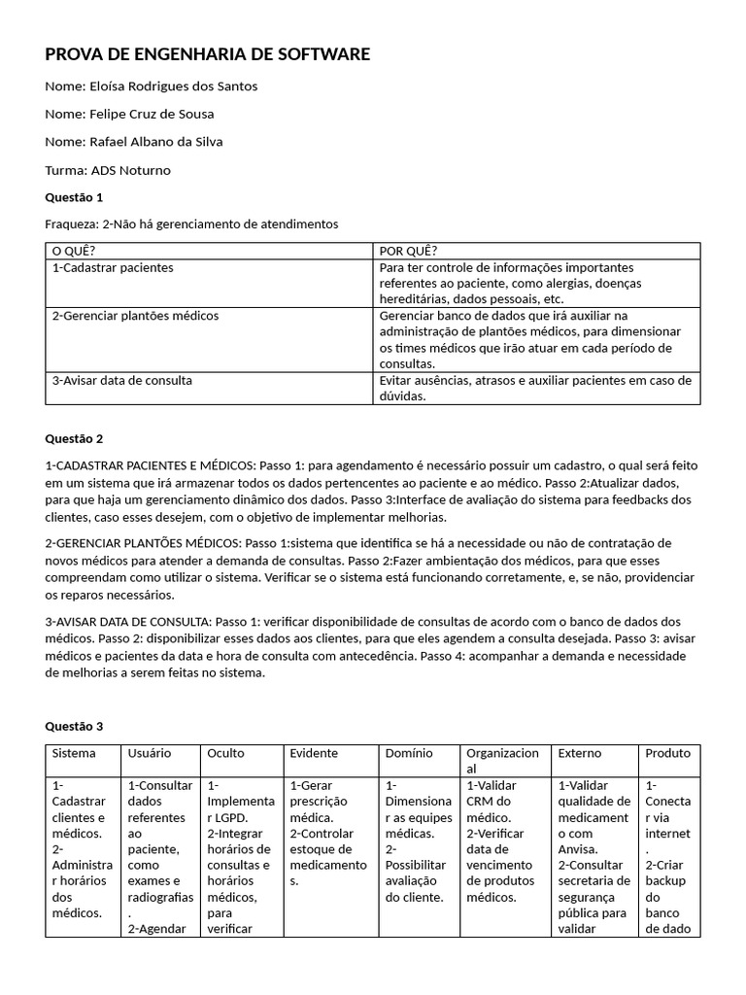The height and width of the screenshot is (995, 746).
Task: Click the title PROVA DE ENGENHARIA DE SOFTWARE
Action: (207, 54)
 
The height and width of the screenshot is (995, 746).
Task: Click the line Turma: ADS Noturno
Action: (108, 170)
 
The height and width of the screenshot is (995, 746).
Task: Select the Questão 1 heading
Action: (74, 197)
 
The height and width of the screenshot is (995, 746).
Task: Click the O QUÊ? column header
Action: (74, 252)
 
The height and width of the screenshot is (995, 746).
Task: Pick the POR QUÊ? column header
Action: (408, 252)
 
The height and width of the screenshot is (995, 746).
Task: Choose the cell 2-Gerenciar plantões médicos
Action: (135, 316)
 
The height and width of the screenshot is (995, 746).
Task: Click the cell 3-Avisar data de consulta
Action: (121, 381)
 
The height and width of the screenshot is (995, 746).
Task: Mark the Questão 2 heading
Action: (74, 438)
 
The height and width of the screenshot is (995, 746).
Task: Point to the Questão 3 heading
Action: (74, 726)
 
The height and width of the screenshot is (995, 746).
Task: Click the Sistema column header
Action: (74, 753)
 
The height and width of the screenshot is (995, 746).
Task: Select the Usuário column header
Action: (149, 753)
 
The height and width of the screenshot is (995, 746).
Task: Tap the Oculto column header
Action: (226, 753)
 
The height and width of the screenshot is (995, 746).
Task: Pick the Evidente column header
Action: (314, 753)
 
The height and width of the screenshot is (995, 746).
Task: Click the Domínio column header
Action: (409, 753)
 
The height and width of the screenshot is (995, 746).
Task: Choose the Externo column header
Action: (580, 753)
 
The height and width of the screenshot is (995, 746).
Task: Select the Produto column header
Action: (668, 753)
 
